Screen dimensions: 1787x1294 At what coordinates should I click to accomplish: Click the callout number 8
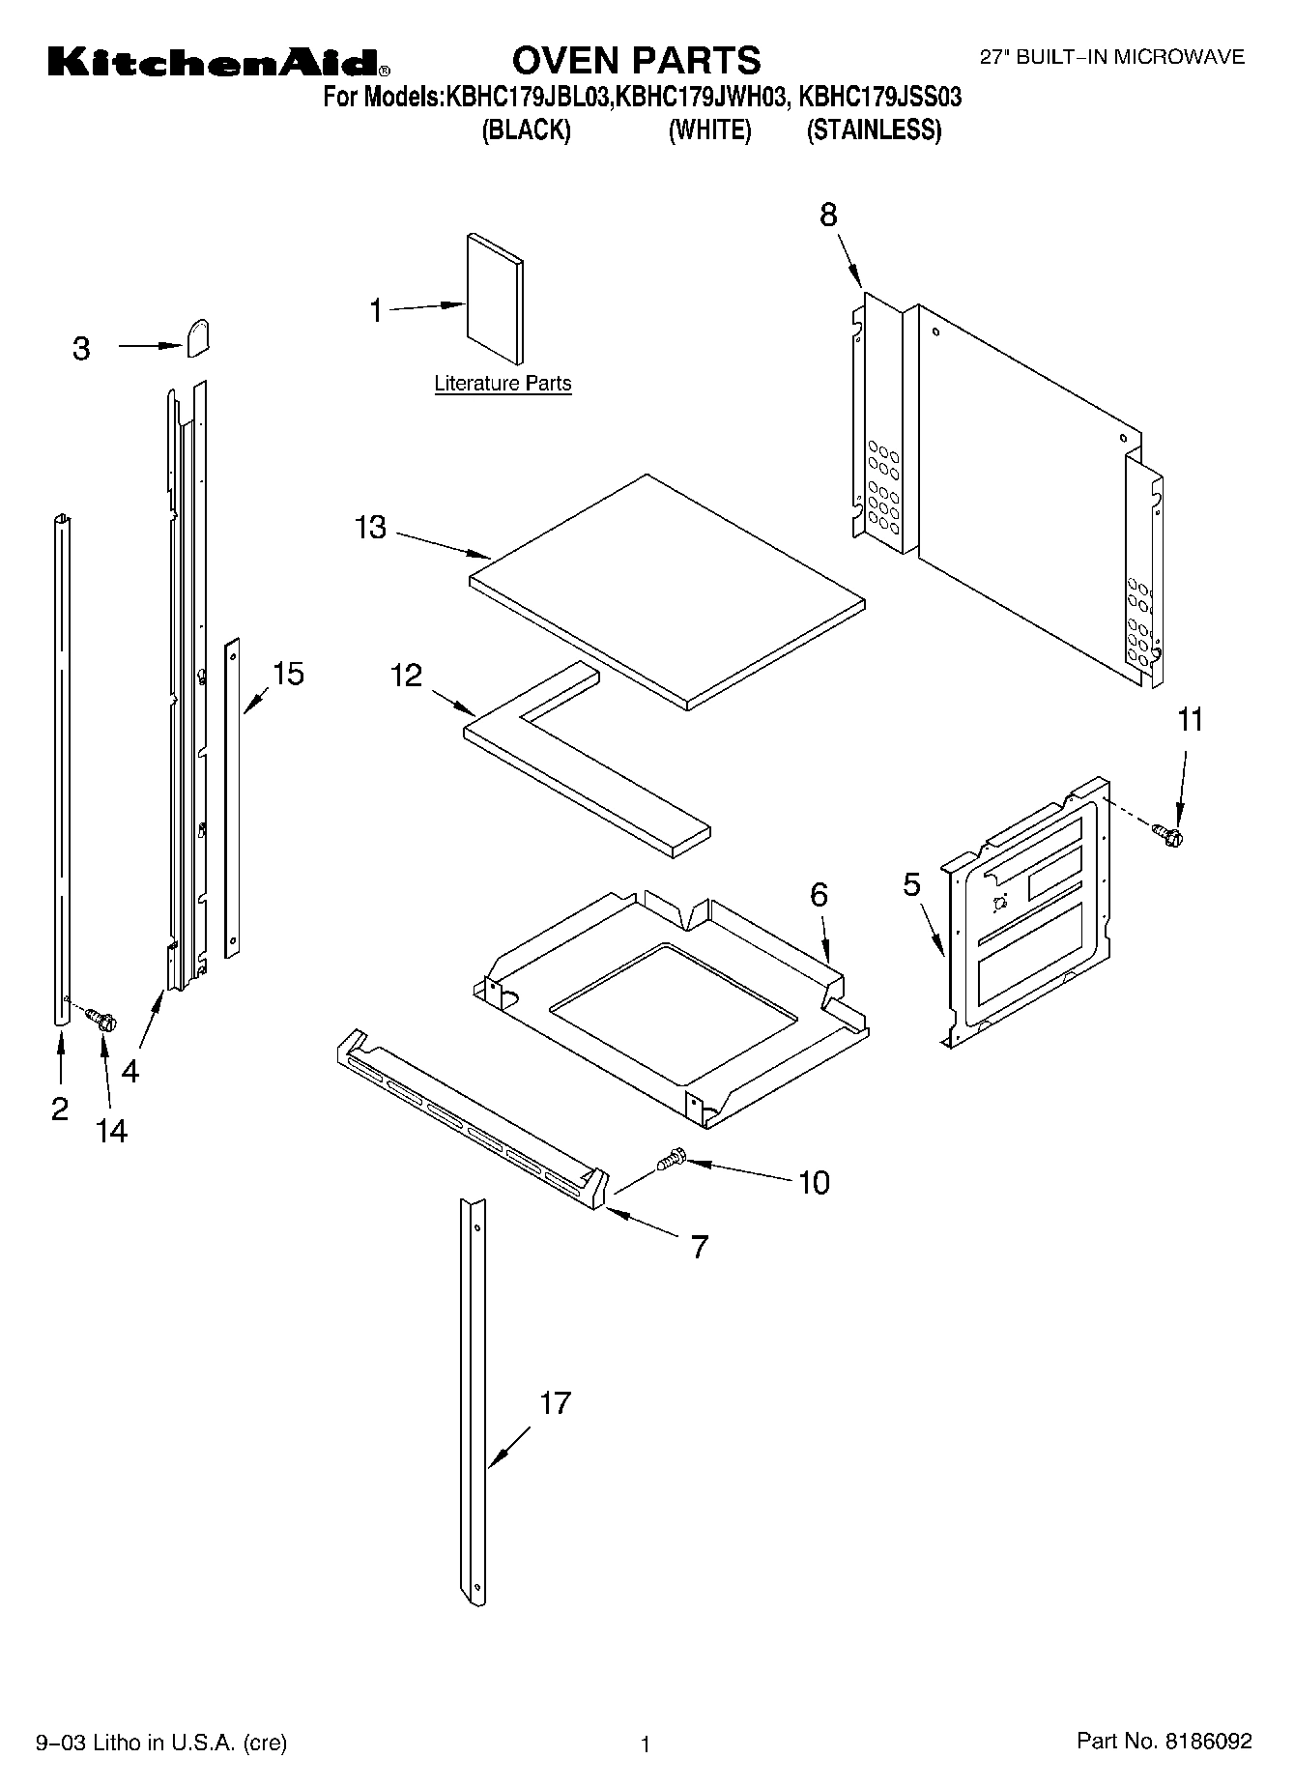[x=828, y=215]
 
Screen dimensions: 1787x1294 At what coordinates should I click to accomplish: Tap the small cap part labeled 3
[x=198, y=338]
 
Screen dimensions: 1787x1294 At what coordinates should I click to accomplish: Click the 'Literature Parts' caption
[x=503, y=384]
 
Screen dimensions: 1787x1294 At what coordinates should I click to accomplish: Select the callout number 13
[x=370, y=528]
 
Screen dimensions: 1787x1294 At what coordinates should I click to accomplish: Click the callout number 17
[x=555, y=1403]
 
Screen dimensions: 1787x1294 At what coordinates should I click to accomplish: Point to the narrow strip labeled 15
[x=232, y=797]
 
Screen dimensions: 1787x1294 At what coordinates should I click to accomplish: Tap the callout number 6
[x=819, y=895]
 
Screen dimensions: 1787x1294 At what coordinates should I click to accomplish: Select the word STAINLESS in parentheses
[x=874, y=130]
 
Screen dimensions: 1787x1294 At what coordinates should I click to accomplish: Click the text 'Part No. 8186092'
[x=1165, y=1741]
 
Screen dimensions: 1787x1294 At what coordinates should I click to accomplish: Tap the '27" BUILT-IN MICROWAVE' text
[x=1112, y=57]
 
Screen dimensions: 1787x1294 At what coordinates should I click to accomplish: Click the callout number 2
[x=60, y=1109]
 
